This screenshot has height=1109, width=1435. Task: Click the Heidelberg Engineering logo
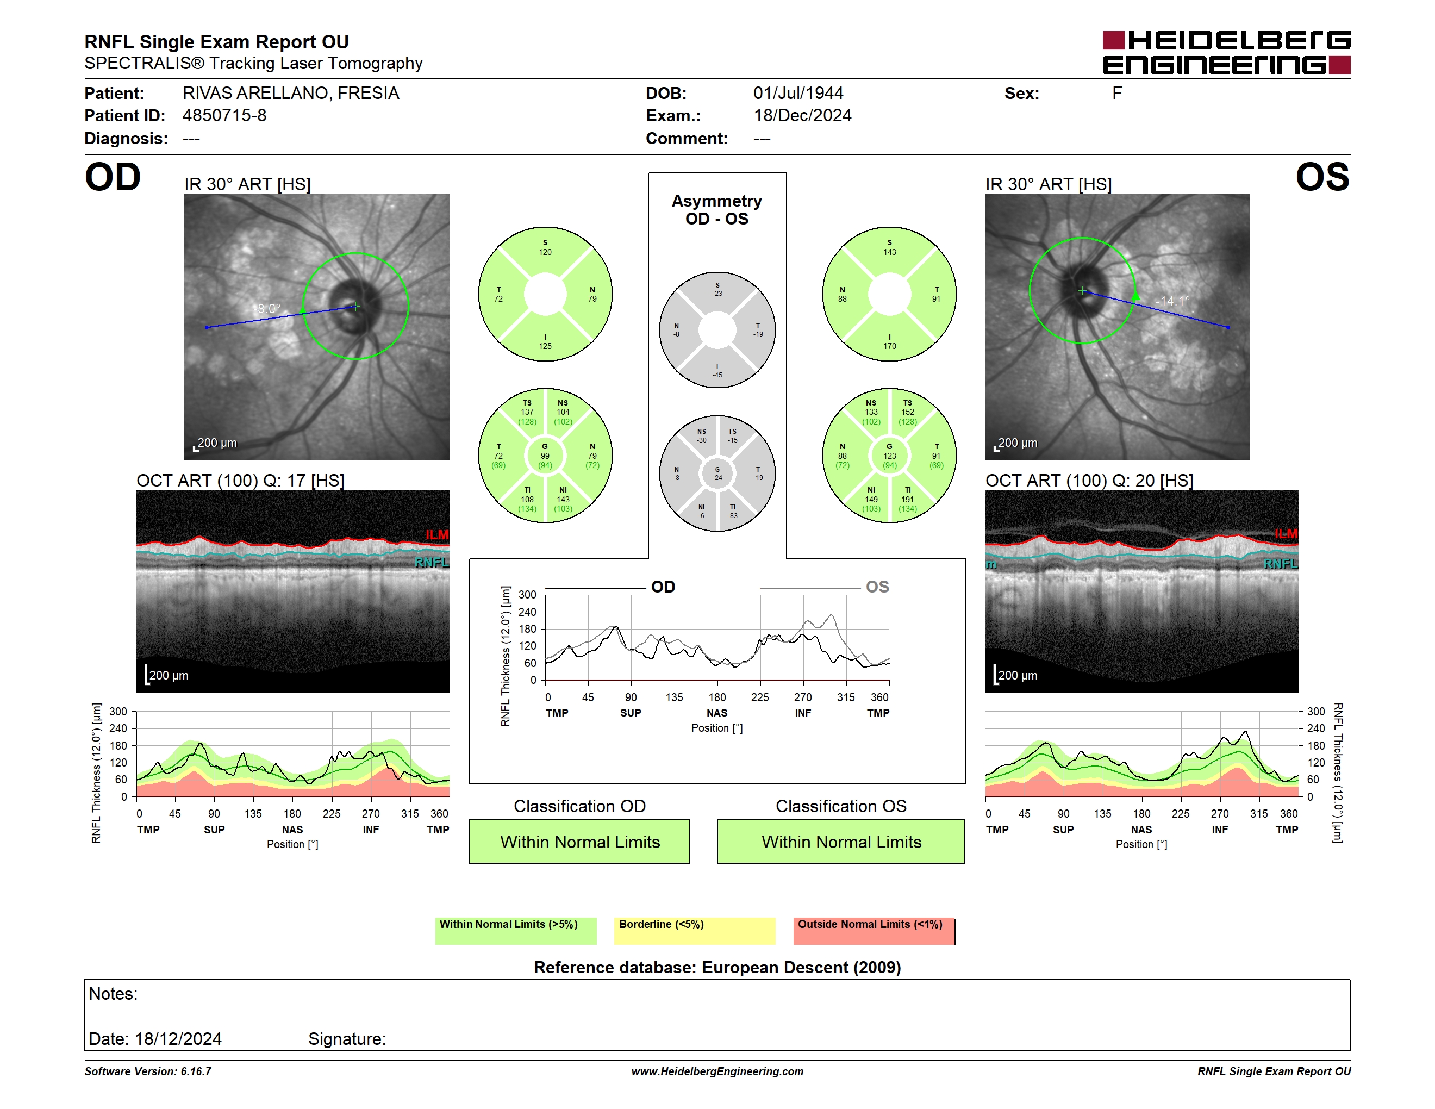click(1226, 53)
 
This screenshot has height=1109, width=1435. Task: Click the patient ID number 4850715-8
click(224, 116)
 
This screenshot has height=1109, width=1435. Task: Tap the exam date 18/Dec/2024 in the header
click(802, 116)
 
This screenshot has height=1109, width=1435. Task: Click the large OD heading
click(113, 177)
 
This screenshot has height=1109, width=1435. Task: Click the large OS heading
click(1322, 177)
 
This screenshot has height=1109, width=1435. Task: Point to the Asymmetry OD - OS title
click(717, 210)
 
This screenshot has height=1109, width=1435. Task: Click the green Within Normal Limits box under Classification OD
click(579, 841)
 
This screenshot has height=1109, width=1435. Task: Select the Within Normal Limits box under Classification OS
click(841, 841)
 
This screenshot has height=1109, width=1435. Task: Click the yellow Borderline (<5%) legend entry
click(695, 931)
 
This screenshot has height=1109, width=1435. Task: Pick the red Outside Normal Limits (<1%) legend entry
click(874, 931)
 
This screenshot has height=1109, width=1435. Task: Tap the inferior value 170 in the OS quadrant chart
click(890, 346)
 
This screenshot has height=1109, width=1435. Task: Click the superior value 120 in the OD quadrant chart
click(545, 252)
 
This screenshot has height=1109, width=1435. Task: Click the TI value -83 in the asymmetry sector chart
click(733, 516)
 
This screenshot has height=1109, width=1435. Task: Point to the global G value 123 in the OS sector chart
click(890, 456)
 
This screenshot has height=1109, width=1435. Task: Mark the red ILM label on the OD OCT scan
click(437, 535)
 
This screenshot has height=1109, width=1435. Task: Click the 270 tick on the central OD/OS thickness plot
click(803, 697)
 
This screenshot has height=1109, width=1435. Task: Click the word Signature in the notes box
click(347, 1039)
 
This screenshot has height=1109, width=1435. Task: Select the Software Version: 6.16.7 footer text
click(148, 1071)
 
